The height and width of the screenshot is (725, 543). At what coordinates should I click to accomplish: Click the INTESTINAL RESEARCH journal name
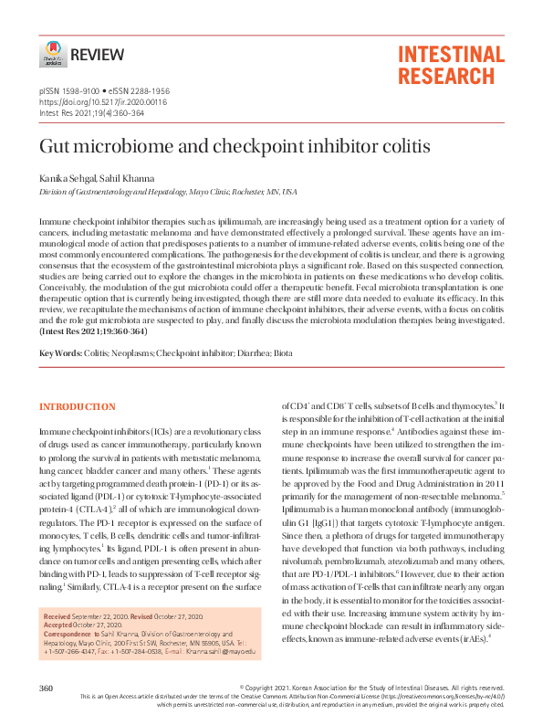450,65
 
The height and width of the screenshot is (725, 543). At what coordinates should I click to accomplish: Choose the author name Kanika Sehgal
67,178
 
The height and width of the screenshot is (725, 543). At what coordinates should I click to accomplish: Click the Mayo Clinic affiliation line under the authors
167,193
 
